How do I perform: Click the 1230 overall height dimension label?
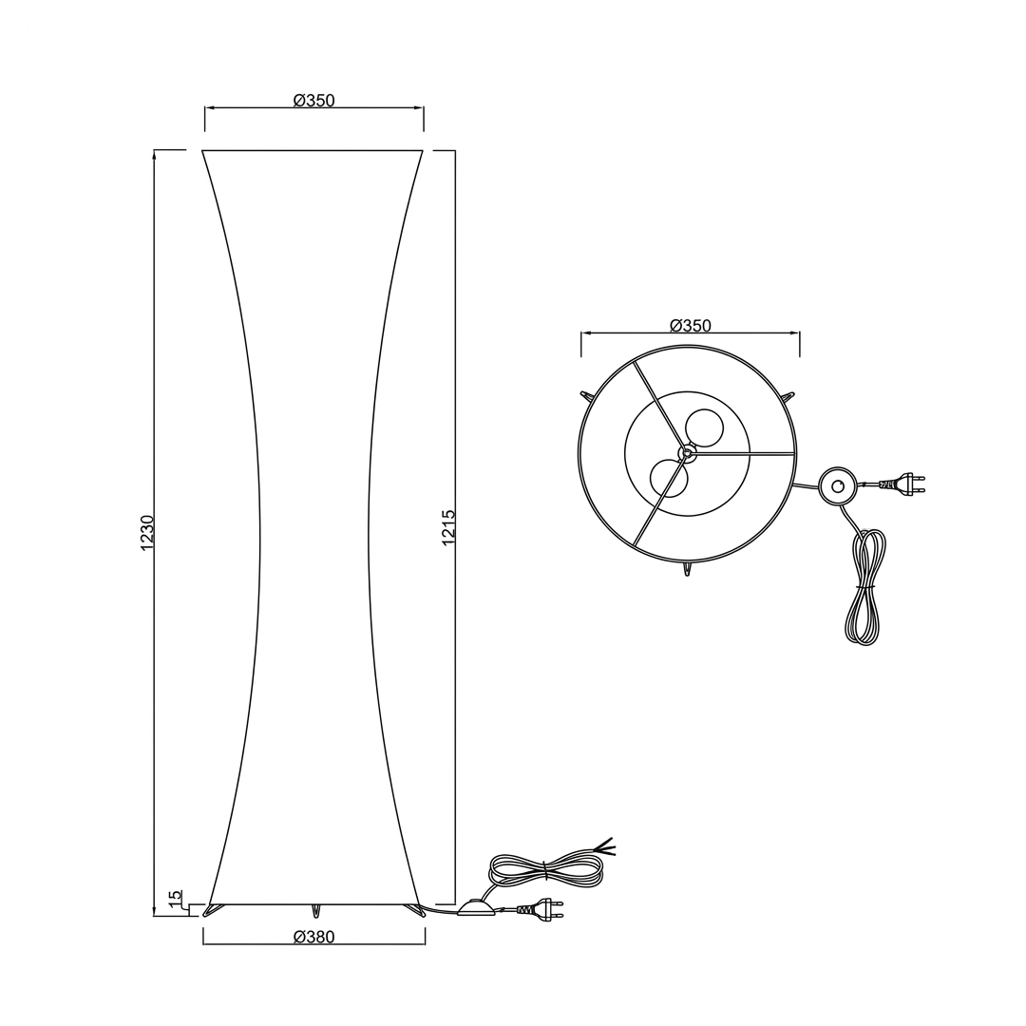tap(147, 533)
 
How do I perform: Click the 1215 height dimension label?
tap(448, 527)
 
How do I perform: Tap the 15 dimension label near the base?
tap(175, 899)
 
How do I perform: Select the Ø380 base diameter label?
tap(314, 937)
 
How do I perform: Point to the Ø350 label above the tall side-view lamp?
tap(314, 100)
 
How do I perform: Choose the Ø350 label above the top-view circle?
tap(691, 325)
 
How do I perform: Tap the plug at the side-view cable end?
tap(541, 908)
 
